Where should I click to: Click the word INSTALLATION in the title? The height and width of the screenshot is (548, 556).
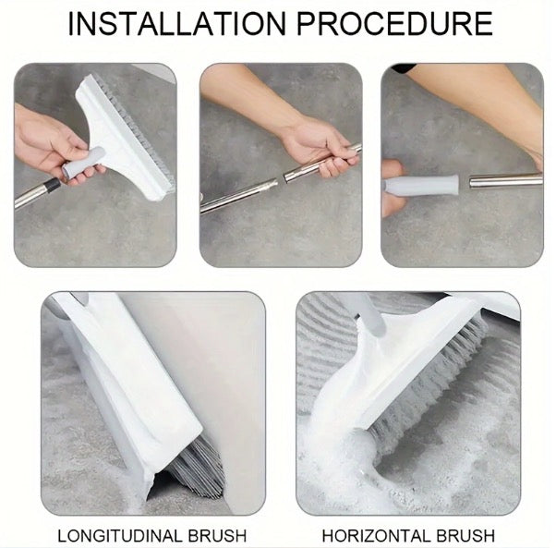point(176,23)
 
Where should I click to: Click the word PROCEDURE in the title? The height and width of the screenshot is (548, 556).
point(394,23)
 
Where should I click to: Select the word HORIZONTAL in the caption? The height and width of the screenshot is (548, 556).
point(376,536)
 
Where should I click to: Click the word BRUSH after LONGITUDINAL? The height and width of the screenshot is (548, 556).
point(217,536)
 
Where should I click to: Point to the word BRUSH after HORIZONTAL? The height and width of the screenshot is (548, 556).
point(465,536)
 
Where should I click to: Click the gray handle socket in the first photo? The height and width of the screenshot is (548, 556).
point(83,163)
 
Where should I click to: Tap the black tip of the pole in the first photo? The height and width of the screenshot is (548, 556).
point(53,185)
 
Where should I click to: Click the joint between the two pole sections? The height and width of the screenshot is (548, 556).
point(280,179)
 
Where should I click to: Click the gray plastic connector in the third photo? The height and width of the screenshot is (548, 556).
point(422,186)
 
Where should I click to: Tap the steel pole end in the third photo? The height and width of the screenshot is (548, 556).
point(505,180)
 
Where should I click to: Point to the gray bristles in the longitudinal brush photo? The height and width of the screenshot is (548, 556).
point(199,465)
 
